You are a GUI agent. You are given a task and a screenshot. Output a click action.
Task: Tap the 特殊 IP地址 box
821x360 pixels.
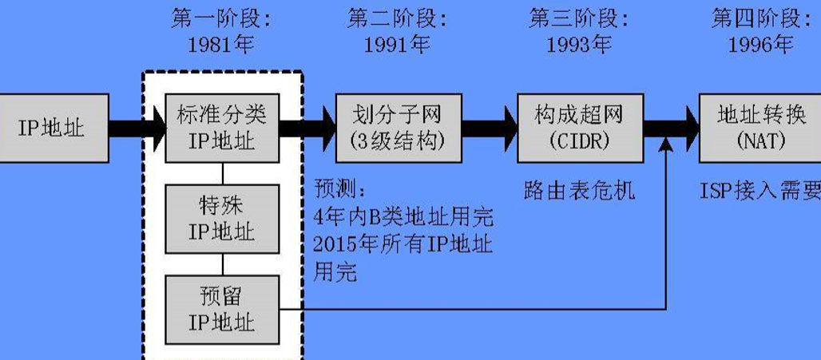click(222, 219)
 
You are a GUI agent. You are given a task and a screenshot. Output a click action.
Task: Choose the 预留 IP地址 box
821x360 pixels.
click(222, 310)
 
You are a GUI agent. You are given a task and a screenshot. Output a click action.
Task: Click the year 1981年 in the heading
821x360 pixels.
click(221, 45)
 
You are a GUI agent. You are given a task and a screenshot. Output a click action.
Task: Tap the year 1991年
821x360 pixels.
click(397, 45)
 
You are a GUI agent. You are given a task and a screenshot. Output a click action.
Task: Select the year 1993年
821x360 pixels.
click(579, 45)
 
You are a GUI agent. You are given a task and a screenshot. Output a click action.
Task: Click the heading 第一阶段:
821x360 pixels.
click(221, 18)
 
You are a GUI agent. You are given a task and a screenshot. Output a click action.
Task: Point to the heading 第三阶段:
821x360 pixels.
click(579, 18)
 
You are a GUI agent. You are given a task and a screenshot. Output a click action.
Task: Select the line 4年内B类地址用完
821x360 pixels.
click(403, 216)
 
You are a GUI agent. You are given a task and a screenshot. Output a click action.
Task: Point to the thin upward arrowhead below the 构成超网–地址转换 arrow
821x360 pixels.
click(666, 144)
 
